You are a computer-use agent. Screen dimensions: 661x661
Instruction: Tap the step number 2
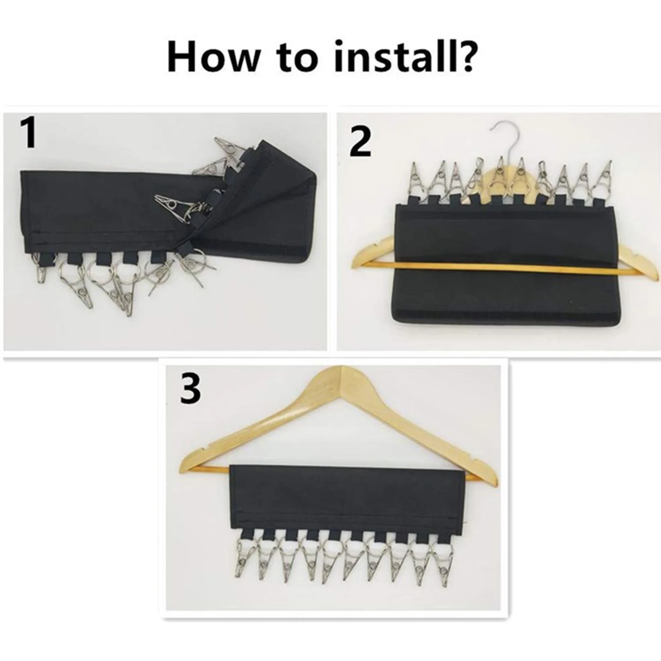(x=360, y=141)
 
